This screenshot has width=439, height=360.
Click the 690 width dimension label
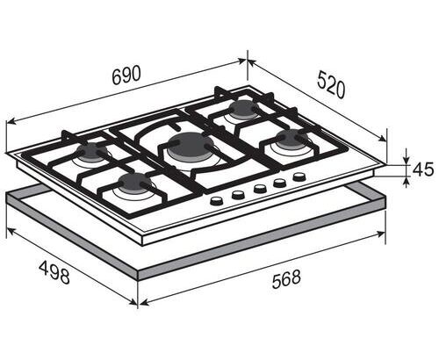(126, 76)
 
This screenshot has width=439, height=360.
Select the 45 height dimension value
(422, 169)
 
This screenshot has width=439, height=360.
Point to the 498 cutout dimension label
(54, 272)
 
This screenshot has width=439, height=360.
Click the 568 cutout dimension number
(286, 279)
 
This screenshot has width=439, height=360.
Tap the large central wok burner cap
(185, 146)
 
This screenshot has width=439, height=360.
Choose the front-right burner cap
(289, 138)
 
